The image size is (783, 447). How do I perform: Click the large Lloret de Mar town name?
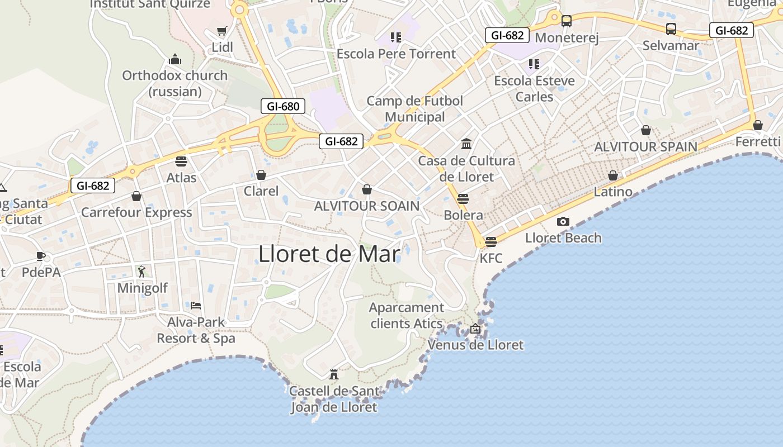[329, 255]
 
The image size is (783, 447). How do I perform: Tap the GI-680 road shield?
[283, 106]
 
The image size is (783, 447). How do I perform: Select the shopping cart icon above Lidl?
[222, 31]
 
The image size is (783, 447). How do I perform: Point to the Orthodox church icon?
[175, 59]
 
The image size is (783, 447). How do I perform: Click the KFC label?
[491, 258]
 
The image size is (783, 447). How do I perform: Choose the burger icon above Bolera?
[463, 198]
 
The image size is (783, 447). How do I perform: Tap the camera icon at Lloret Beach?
[563, 221]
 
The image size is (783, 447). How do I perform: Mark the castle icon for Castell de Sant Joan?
[334, 374]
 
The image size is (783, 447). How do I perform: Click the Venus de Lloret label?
[475, 345]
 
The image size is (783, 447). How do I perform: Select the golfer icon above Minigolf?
[141, 272]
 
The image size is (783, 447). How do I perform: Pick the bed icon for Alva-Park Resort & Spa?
[196, 306]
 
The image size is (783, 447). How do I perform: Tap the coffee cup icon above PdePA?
[40, 256]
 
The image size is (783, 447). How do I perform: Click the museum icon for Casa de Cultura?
[466, 144]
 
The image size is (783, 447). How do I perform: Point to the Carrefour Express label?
[136, 212]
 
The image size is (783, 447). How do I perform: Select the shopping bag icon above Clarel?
[261, 175]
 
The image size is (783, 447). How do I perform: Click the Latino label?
[613, 192]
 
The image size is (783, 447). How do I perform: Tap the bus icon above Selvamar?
[671, 29]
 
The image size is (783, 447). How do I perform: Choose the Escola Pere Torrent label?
[396, 54]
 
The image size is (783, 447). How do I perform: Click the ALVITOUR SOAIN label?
[367, 206]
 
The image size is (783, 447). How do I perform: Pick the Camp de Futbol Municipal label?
[415, 109]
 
